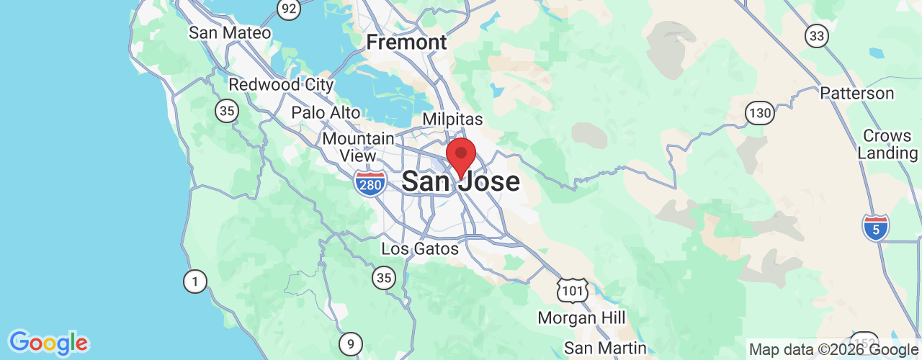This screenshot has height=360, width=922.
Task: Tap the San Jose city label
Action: (460, 181)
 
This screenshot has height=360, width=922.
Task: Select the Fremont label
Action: (407, 42)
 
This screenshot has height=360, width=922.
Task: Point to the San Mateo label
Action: (230, 33)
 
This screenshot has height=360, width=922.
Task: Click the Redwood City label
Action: (281, 85)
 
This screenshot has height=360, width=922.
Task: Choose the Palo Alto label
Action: (326, 112)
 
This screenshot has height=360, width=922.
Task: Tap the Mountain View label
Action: (359, 147)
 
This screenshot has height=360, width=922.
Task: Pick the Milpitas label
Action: (452, 119)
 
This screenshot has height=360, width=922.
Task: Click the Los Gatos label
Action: (420, 249)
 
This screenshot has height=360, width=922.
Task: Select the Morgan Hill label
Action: (582, 318)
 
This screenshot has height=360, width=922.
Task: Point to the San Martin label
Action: (605, 348)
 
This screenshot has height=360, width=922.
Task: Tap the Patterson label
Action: (857, 94)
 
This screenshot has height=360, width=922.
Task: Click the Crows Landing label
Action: (887, 145)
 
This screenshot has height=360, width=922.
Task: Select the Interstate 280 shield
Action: (370, 183)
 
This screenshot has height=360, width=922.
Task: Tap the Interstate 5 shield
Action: (875, 228)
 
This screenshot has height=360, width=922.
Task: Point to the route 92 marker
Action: (288, 9)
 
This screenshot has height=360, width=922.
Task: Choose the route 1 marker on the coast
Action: (194, 281)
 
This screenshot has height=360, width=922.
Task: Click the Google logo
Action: (48, 343)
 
